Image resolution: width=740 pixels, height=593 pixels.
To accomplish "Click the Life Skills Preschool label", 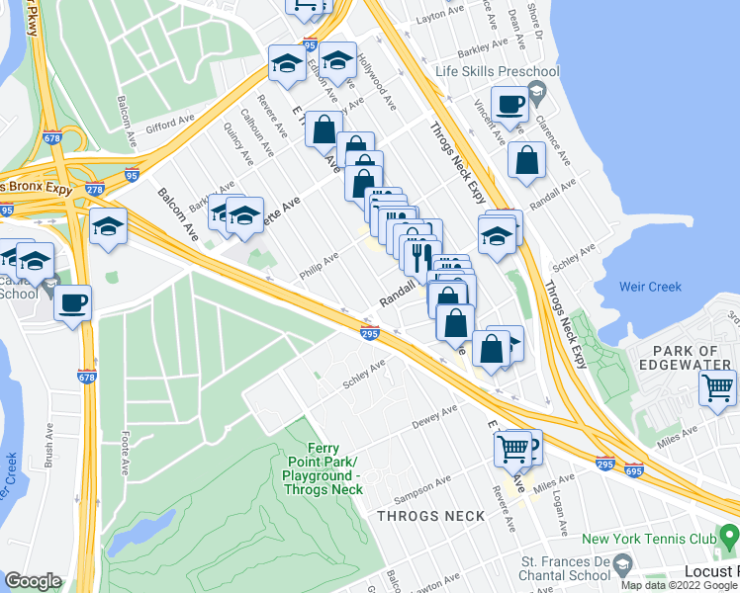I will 498,71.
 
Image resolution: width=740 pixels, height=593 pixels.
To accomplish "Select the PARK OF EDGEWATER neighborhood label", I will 692,360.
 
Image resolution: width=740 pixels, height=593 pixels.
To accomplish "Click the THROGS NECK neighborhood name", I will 430,516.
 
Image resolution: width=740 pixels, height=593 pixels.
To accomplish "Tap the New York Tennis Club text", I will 646,539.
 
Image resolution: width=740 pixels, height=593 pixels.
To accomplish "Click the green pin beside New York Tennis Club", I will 729,539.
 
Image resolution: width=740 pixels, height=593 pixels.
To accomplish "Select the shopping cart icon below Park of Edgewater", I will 717,387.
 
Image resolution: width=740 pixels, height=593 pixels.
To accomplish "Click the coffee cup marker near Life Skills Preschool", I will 510,105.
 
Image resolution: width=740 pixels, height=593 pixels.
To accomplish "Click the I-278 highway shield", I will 95,189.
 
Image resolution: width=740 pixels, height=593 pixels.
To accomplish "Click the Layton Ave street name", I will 441,18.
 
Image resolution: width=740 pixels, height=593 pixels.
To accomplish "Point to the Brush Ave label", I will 48,429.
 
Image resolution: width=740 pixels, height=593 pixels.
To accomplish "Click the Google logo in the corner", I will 33,581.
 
